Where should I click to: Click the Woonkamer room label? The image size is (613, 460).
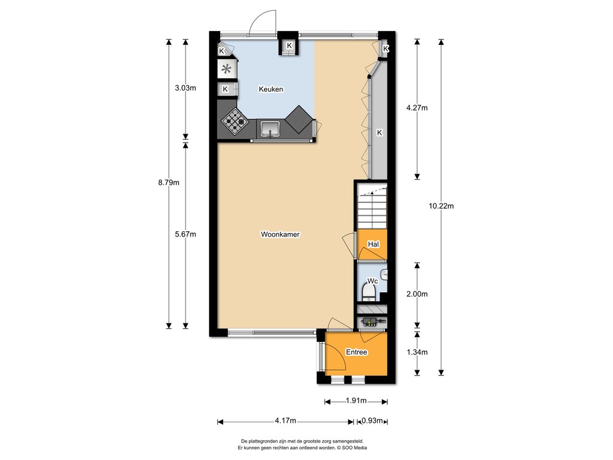pyautogui.click(x=280, y=234)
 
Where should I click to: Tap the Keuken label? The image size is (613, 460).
pyautogui.click(x=271, y=89)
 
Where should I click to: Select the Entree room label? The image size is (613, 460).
pyautogui.click(x=357, y=352)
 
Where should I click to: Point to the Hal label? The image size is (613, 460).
pyautogui.click(x=374, y=244)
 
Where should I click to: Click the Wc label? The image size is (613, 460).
pyautogui.click(x=372, y=281)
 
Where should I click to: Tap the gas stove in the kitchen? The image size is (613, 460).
pyautogui.click(x=235, y=122)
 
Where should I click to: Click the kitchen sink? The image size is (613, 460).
pyautogui.click(x=270, y=129)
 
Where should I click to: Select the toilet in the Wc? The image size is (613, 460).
pyautogui.click(x=369, y=292)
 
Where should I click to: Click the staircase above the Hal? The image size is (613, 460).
pyautogui.click(x=372, y=207)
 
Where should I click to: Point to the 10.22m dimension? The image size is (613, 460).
pyautogui.click(x=441, y=206)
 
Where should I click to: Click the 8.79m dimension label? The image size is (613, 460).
pyautogui.click(x=169, y=182)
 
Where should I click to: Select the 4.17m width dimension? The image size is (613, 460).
pyautogui.click(x=286, y=421)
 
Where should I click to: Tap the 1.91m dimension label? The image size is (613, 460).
pyautogui.click(x=356, y=401)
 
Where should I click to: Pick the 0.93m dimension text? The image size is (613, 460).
pyautogui.click(x=372, y=421)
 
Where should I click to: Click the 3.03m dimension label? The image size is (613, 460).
pyautogui.click(x=186, y=88)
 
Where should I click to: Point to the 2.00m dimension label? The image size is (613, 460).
pyautogui.click(x=417, y=294)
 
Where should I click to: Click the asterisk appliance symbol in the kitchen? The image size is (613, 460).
pyautogui.click(x=226, y=69)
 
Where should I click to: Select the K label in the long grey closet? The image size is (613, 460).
pyautogui.click(x=379, y=133)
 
